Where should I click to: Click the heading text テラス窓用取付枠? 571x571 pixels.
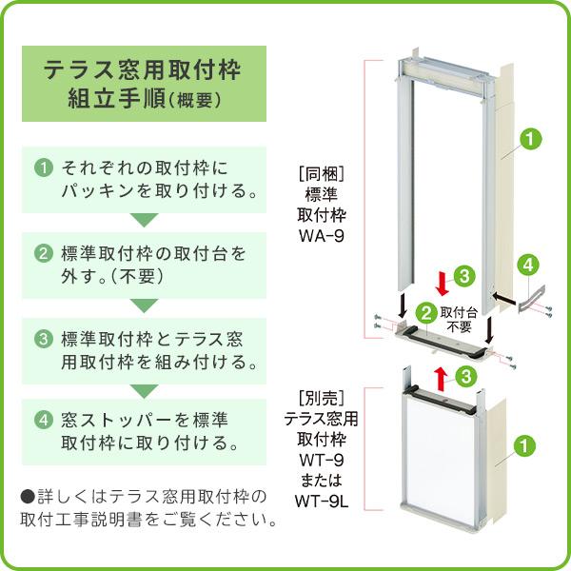pyautogui.click(x=143, y=69)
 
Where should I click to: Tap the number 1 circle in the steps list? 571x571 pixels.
pyautogui.click(x=43, y=167)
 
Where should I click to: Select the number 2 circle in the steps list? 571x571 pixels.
pyautogui.click(x=43, y=254)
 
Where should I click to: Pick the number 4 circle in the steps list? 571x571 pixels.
pyautogui.click(x=43, y=420)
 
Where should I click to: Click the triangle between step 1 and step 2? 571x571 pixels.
pyautogui.click(x=143, y=221)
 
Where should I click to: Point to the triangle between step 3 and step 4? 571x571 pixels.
pyautogui.click(x=143, y=390)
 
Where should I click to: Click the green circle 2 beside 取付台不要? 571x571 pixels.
pyautogui.click(x=428, y=311)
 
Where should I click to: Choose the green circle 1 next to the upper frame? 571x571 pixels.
pyautogui.click(x=530, y=140)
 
